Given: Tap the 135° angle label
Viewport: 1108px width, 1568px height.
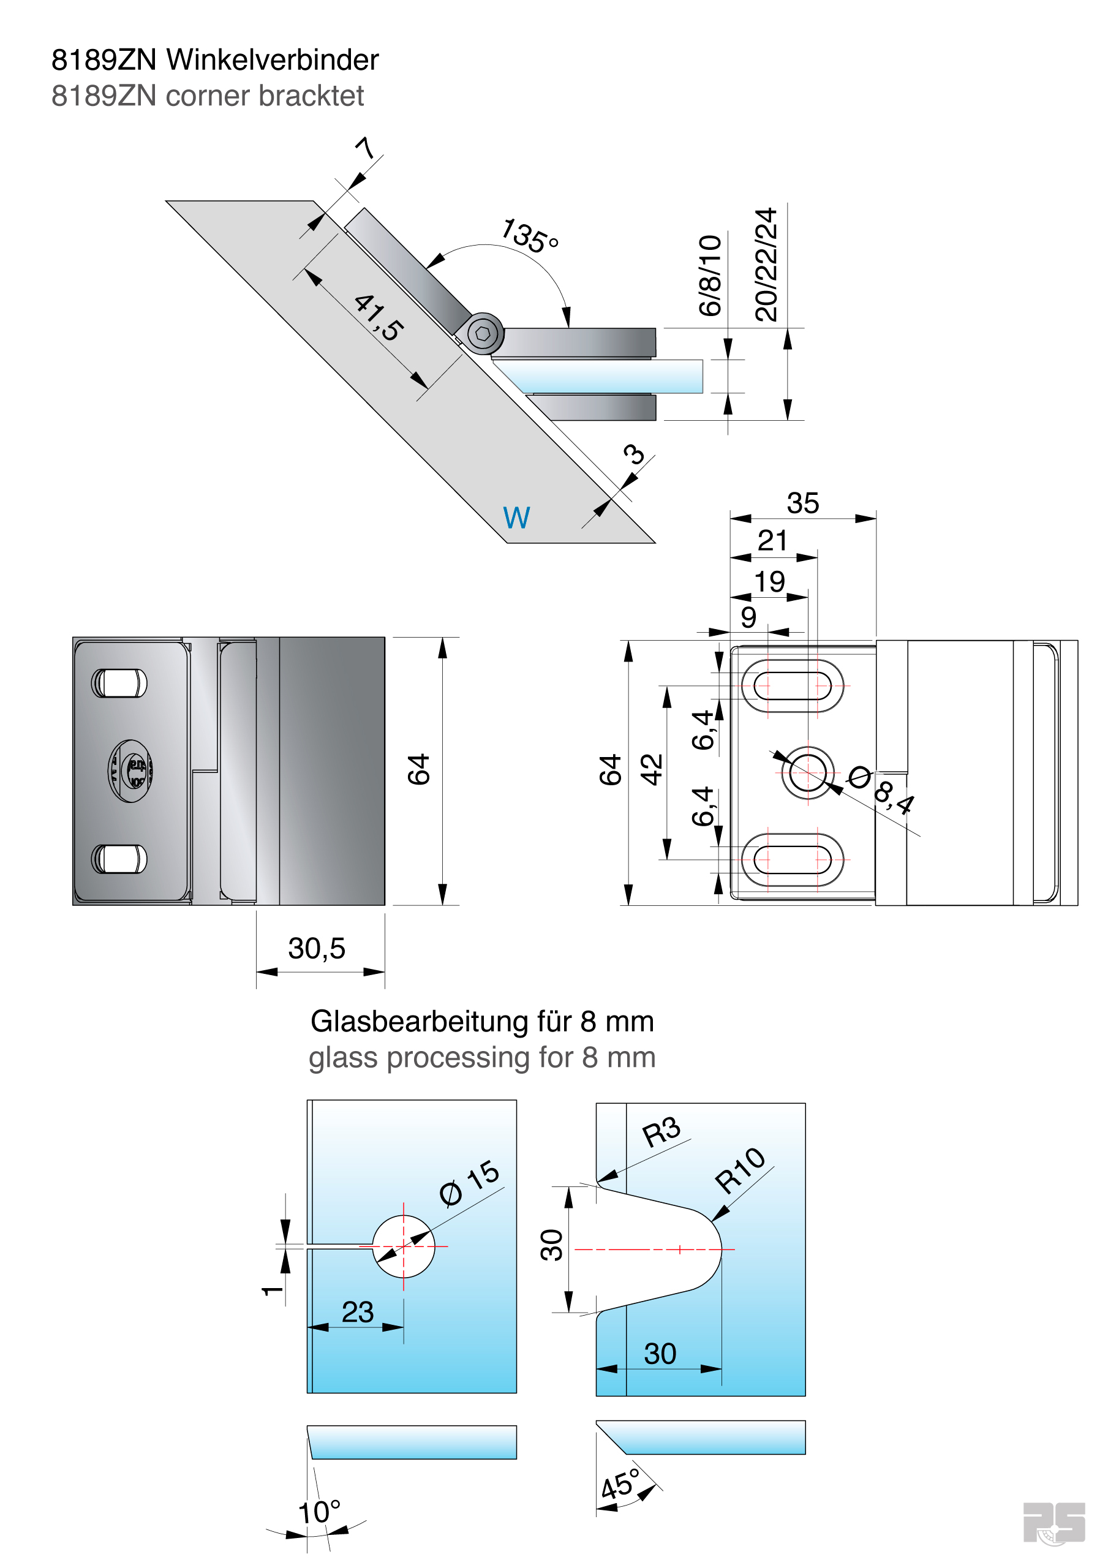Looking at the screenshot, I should coord(529,236).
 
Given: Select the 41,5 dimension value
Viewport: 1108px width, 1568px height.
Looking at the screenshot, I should coord(379,317).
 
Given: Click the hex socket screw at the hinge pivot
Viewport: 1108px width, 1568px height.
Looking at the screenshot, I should coord(483,333).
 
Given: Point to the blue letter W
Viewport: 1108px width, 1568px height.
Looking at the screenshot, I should coord(516,518).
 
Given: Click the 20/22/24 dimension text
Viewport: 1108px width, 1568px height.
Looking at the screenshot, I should coord(766,265).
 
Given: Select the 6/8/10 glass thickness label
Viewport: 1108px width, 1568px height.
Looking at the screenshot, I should coord(710,276).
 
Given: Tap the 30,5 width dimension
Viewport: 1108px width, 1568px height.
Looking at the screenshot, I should coord(316,949).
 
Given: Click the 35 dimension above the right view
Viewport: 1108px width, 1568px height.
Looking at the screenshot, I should coord(802,503).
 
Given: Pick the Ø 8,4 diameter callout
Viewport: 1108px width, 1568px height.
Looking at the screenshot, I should coord(881,788).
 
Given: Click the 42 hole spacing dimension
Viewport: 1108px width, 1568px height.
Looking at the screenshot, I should coord(652,770).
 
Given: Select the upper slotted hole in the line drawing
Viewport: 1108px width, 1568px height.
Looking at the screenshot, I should coord(793,685).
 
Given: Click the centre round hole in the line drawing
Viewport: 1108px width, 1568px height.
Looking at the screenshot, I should coord(807,772).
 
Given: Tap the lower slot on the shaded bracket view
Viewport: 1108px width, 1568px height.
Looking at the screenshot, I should coord(119,859).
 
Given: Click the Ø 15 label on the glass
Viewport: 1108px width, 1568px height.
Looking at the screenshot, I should coord(469,1183).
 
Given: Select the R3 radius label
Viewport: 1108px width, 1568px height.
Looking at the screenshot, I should coord(661,1132).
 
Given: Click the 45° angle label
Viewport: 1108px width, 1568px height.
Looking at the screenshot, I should coord(620,1485).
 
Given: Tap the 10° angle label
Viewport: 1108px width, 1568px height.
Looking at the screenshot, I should coord(319,1513).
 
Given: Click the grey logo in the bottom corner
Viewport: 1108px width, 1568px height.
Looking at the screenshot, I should coord(1053,1522).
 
